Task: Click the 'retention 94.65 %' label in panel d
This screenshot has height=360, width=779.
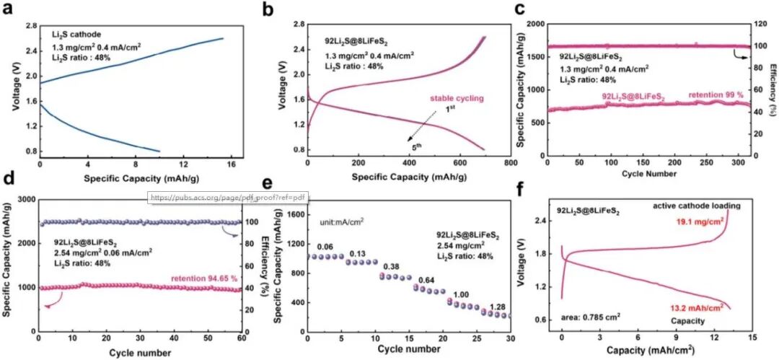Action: (201, 278)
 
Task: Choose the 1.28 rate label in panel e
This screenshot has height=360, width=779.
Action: (497, 307)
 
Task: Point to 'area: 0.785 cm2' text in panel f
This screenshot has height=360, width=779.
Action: (591, 316)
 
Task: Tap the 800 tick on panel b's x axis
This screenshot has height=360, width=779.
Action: (509, 163)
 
